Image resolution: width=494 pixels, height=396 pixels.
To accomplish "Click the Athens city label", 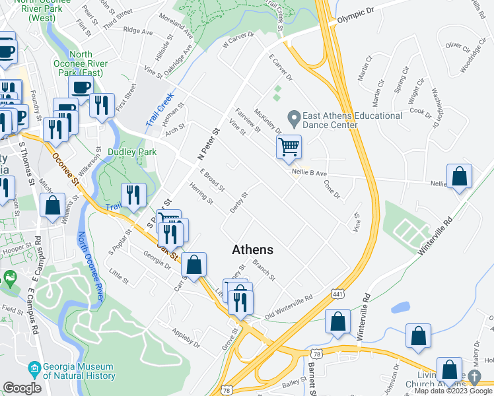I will pyautogui.click(x=252, y=249).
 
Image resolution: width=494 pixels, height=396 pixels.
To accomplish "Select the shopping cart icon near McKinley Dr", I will pyautogui.click(x=289, y=147).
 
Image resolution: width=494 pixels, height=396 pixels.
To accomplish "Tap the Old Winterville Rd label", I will pyautogui.click(x=288, y=307).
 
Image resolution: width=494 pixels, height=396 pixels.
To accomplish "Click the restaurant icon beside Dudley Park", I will pyautogui.click(x=133, y=195).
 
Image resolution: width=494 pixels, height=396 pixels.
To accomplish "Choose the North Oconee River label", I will pyautogui.click(x=92, y=264).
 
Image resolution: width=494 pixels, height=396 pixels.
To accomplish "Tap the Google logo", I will pyautogui.click(x=22, y=388).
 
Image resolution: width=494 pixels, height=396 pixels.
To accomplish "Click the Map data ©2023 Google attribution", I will pyautogui.click(x=453, y=391).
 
